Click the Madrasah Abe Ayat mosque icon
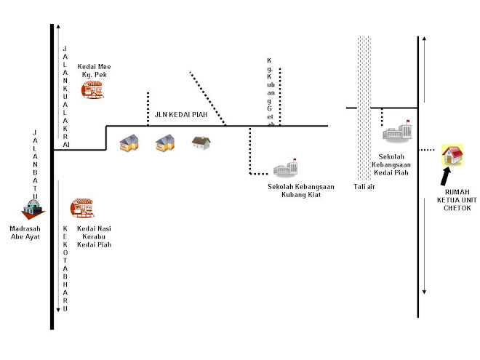[33, 209]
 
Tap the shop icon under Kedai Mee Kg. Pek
[92, 89]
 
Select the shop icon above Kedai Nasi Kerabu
[82, 208]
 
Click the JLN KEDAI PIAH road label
[181, 114]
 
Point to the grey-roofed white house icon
[201, 143]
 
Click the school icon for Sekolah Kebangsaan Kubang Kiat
[285, 167]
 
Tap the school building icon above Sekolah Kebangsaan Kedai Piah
[397, 131]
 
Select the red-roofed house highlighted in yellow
[452, 156]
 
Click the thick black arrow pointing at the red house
[446, 176]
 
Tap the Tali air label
[364, 186]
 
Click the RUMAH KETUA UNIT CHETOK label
[457, 200]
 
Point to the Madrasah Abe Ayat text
[25, 233]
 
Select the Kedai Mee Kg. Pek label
[94, 71]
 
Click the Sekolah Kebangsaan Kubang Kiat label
[301, 191]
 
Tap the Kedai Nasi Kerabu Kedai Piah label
[94, 236]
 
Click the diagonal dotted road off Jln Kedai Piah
[208, 99]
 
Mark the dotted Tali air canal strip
[364, 108]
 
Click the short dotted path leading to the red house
[427, 150]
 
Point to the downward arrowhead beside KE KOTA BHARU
[58, 310]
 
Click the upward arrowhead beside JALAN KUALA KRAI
[58, 27]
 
